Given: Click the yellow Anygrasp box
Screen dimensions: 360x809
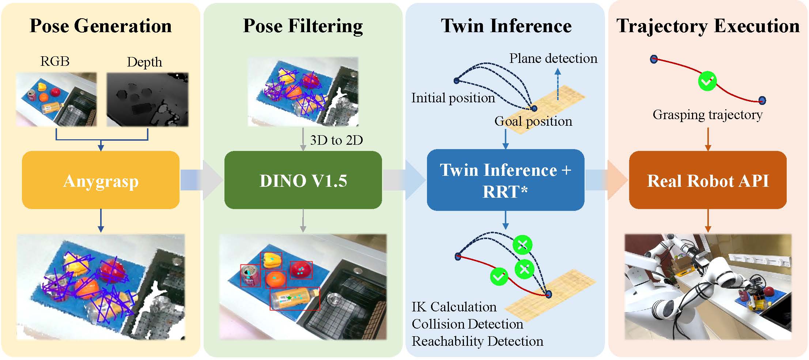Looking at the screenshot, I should click(101, 180).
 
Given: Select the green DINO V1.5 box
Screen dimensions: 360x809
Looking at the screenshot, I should click(303, 180).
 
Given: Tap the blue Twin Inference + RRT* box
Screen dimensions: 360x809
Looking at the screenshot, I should click(505, 180).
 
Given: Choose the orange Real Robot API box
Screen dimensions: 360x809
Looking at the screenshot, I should click(708, 180).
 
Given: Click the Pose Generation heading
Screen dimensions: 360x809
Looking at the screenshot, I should click(101, 26).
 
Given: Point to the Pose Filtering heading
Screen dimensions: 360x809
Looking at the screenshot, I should click(303, 26).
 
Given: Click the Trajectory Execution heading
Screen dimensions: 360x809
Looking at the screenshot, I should click(708, 26).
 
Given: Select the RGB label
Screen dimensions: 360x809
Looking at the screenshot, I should click(55, 61).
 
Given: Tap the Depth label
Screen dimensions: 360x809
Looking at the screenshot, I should click(144, 62).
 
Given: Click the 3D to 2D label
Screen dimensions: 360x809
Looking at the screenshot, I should click(336, 140).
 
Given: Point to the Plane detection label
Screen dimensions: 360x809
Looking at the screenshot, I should click(553, 58).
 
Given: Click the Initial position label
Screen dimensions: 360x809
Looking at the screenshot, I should click(453, 98).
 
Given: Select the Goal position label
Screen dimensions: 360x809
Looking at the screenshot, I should click(533, 121).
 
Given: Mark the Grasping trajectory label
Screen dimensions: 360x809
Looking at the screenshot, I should click(707, 114).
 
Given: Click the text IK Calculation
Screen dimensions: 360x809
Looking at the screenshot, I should click(454, 307).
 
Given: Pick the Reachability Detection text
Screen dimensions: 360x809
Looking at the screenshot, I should click(477, 341).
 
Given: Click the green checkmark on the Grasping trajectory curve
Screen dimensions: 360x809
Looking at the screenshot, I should click(707, 81).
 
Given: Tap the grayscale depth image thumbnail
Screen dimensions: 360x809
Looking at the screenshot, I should click(147, 99).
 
